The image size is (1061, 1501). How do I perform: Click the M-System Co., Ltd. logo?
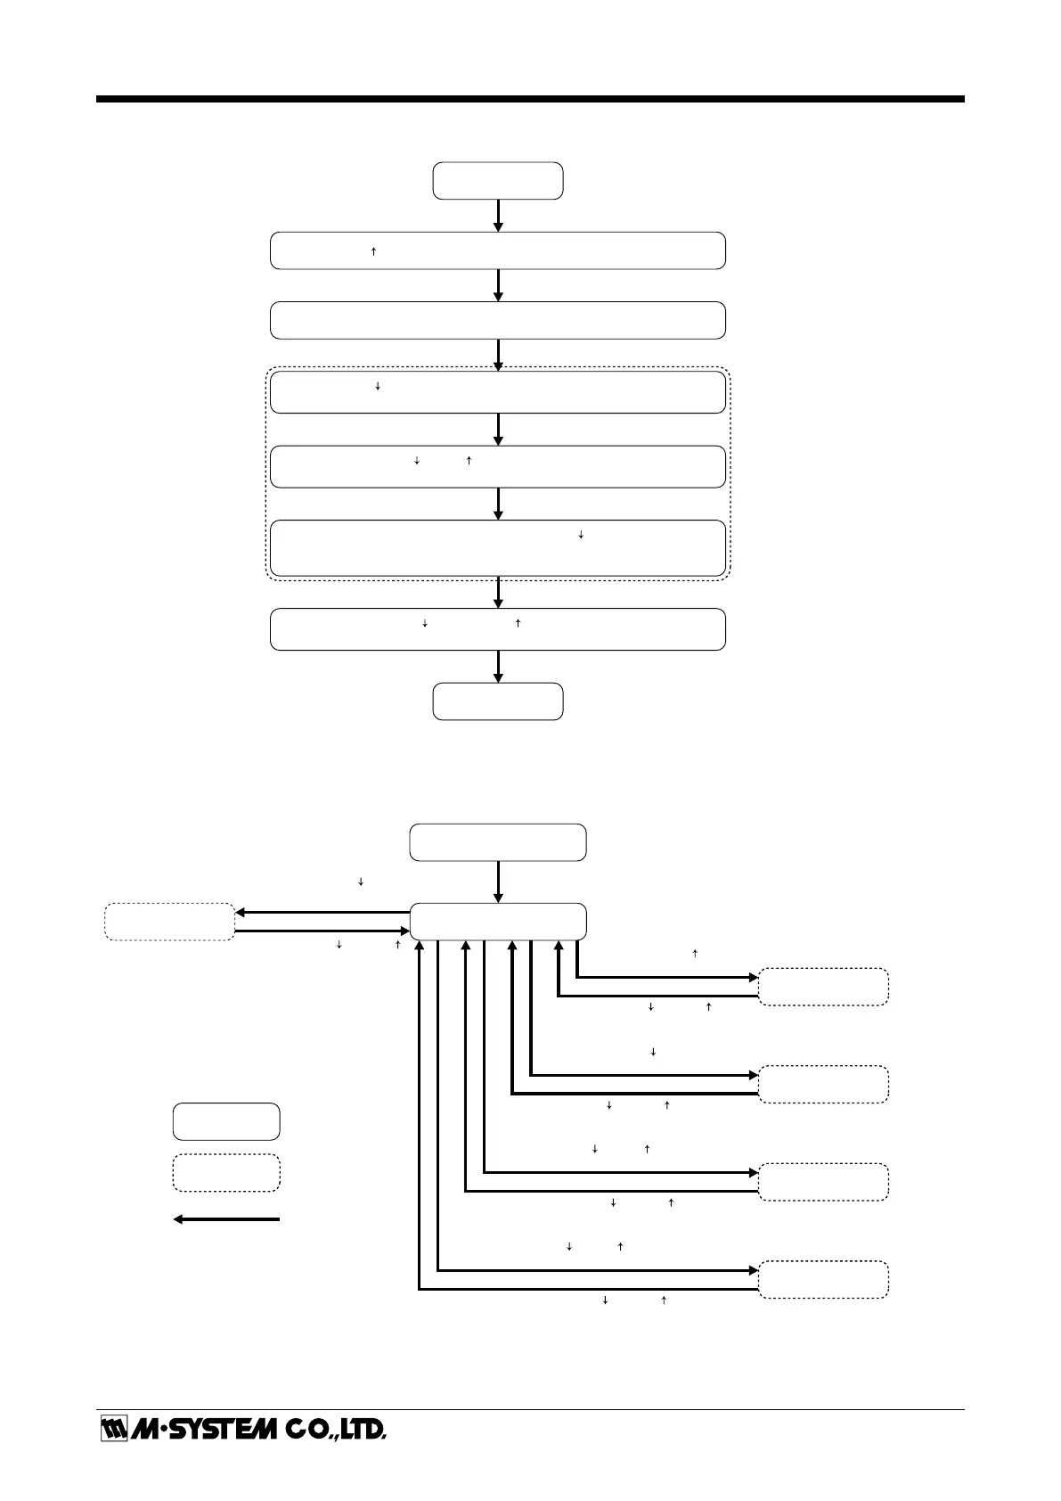click(x=242, y=1429)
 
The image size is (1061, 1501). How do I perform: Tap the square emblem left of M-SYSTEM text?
click(x=112, y=1429)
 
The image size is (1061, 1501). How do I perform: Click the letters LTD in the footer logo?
click(x=363, y=1429)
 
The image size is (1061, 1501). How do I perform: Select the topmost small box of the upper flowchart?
click(x=497, y=180)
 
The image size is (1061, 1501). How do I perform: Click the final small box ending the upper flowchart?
click(x=497, y=701)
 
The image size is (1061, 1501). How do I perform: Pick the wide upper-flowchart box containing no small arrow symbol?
click(x=497, y=320)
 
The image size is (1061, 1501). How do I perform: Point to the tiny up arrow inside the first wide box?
click(x=373, y=251)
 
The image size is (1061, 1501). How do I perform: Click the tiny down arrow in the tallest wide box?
click(x=581, y=535)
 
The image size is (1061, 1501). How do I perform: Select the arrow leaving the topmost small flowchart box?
click(x=498, y=215)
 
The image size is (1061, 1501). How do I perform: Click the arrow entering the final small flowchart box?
click(x=498, y=666)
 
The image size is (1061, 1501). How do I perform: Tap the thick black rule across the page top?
click(x=530, y=99)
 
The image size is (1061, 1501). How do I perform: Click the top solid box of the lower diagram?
click(x=497, y=842)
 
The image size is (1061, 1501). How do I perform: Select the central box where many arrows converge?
click(x=497, y=921)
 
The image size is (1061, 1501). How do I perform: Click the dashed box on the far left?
click(x=169, y=922)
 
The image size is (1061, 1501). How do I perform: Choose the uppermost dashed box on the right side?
click(x=823, y=987)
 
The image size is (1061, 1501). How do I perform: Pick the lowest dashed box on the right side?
click(x=823, y=1279)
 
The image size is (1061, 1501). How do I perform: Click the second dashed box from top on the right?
click(x=823, y=1084)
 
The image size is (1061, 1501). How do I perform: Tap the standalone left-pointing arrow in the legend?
click(x=226, y=1218)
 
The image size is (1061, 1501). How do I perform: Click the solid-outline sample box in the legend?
click(x=226, y=1121)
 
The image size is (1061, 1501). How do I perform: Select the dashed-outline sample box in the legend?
click(x=226, y=1172)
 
